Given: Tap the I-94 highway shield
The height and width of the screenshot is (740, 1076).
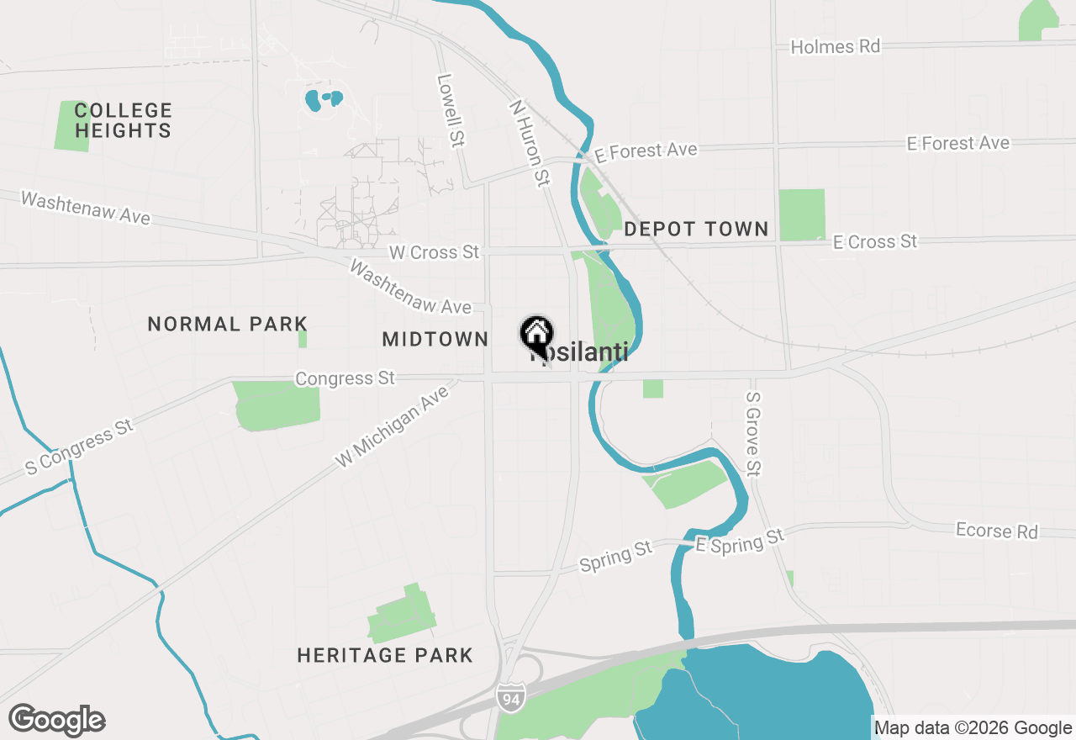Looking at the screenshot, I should (x=510, y=696).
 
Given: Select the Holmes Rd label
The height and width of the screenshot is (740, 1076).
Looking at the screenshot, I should (x=835, y=46).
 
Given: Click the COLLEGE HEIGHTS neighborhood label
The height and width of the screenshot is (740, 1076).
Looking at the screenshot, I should (x=123, y=120).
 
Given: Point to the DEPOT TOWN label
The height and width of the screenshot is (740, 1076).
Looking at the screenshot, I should (x=696, y=229).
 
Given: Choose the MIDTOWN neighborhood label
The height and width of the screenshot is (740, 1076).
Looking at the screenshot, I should (x=435, y=339).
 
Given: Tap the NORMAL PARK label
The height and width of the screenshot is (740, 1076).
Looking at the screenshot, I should (x=228, y=324).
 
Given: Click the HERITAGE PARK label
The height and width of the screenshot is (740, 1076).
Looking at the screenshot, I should (x=385, y=655).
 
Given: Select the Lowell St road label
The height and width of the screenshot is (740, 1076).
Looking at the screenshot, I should (x=451, y=110).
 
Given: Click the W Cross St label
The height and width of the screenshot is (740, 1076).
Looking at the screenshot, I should (x=435, y=252).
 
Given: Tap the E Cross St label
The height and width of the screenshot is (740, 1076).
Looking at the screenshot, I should (x=875, y=241).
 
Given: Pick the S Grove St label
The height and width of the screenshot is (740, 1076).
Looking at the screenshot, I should (x=753, y=434).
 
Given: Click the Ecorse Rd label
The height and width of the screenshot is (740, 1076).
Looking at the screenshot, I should (x=997, y=531).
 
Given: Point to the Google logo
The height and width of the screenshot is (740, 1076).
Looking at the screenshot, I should (x=56, y=721).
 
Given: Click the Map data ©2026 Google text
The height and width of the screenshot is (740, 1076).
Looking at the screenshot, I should (x=973, y=728).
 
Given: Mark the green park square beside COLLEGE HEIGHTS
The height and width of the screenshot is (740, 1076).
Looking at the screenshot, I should (x=71, y=126).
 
